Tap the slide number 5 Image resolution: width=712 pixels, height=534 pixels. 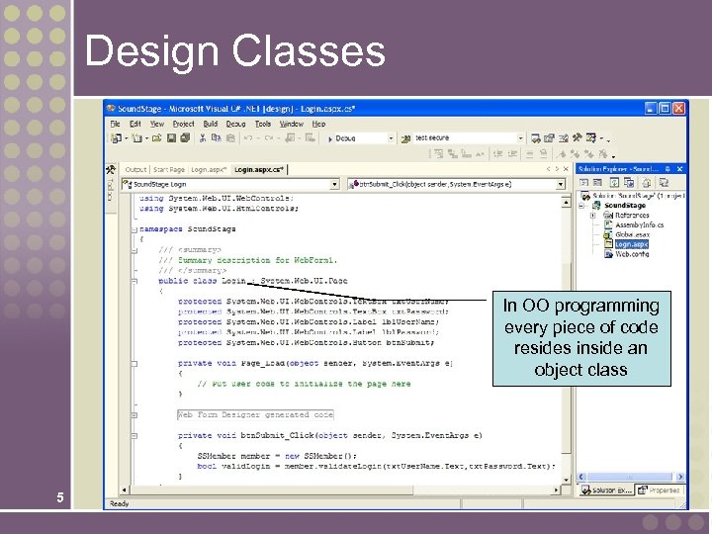[60, 498]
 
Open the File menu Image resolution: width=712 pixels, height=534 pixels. [116, 124]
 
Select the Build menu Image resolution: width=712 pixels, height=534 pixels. [211, 124]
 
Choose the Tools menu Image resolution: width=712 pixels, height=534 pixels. [263, 124]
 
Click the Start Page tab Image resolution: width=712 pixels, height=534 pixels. [172, 169]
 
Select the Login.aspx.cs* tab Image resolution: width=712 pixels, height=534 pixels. [257, 169]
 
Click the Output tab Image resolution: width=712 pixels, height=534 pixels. [135, 169]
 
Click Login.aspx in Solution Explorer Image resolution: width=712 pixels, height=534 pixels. [631, 243]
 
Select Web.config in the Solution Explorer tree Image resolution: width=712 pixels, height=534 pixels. [632, 253]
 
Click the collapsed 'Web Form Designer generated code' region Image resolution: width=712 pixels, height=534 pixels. [255, 414]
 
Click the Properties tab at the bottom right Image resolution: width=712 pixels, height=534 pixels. [663, 489]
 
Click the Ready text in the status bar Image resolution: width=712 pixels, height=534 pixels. [120, 502]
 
